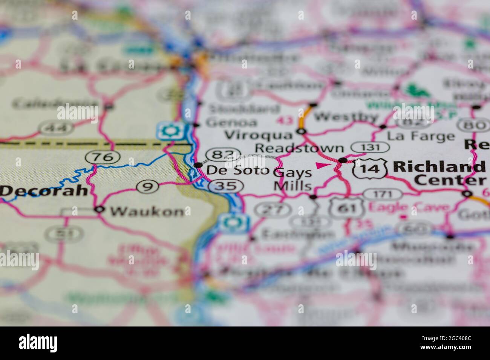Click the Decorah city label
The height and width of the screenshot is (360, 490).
(x=44, y=190)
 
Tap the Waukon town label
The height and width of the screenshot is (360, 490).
(x=147, y=212)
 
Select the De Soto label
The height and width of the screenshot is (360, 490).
(x=237, y=170)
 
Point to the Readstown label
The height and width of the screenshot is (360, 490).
(x=299, y=148)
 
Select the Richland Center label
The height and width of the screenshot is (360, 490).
(x=439, y=173)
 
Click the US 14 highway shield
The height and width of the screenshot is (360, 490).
(x=370, y=168)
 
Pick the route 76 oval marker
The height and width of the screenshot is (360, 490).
(x=103, y=156)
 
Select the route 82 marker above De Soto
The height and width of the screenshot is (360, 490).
(x=224, y=154)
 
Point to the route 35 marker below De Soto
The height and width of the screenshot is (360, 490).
(x=225, y=186)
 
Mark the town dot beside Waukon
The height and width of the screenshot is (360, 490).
(x=100, y=209)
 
